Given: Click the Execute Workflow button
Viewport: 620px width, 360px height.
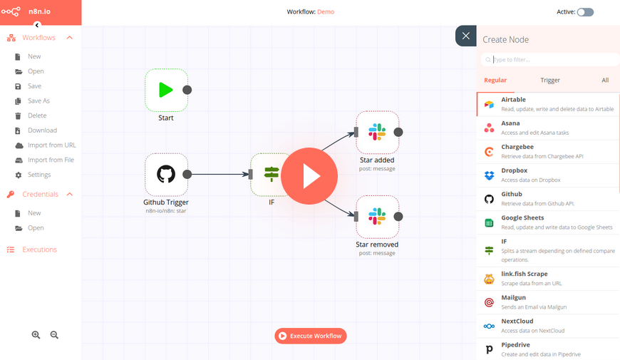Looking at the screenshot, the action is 311,336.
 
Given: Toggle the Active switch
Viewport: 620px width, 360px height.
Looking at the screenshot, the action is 585,12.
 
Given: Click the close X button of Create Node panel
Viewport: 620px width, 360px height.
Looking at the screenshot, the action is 466,36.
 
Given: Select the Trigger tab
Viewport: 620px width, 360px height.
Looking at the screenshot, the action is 550,80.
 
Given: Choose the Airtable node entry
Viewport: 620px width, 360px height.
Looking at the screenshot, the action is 548,104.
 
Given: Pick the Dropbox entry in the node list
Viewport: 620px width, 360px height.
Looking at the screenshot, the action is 548,175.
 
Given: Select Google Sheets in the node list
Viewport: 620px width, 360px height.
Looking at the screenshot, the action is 548,222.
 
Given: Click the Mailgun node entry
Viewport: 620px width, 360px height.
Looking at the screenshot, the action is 548,302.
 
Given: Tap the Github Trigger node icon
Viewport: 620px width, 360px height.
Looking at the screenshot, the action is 166,175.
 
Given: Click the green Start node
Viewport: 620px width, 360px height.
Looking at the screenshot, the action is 166,91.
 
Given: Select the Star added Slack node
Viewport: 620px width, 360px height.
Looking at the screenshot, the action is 377,132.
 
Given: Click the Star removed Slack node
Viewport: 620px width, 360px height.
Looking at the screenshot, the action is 377,217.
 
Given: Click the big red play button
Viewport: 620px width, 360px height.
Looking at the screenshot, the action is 309,176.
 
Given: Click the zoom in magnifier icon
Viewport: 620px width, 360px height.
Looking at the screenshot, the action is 36,335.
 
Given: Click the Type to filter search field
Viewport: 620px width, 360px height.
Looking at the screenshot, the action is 549,60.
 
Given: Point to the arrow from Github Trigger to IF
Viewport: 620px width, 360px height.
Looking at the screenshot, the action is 220,174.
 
